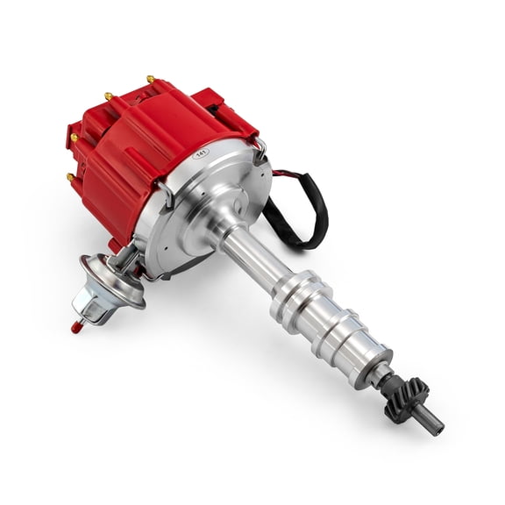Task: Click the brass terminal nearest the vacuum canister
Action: click(69, 177)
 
